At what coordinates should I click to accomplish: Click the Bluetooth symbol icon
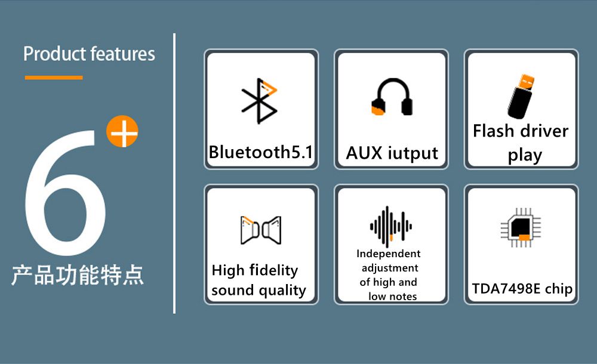point(259,101)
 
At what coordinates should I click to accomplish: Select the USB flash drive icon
point(521,96)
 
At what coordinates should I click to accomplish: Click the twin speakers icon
point(261,230)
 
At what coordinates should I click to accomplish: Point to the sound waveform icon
point(390,226)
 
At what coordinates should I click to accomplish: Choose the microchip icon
point(521,228)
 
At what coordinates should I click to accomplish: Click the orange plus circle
point(122,131)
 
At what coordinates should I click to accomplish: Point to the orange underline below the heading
point(54,78)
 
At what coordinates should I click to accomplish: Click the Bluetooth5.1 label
point(261,152)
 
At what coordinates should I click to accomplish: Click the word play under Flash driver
point(525,155)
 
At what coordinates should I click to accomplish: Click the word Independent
point(389,254)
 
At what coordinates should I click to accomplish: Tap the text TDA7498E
point(506,289)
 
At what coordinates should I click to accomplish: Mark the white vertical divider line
point(174,173)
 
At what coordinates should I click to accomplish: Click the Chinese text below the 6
point(78,275)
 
